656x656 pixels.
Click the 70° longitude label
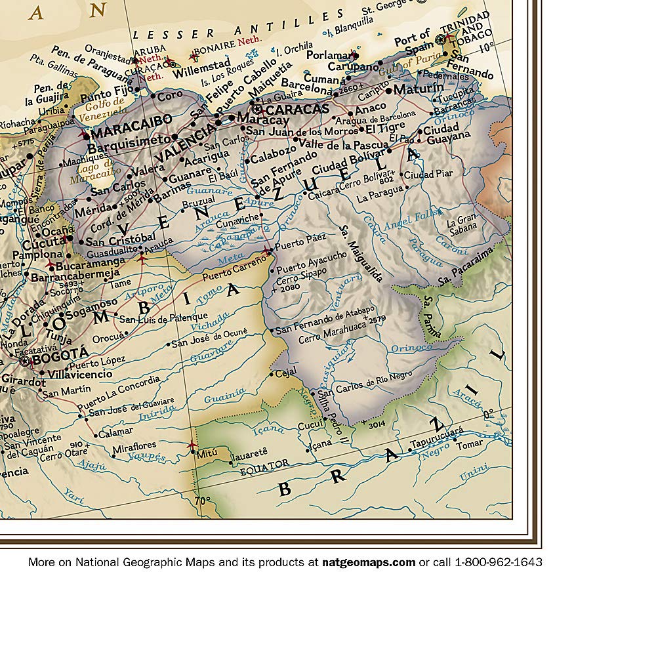click(202, 501)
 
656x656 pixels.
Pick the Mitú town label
click(209, 453)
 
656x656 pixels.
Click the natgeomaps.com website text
click(368, 562)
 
